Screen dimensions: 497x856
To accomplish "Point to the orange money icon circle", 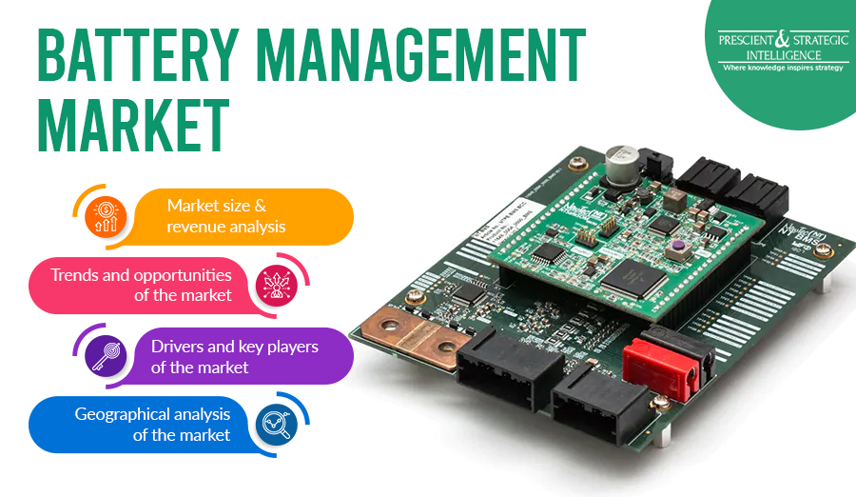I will (x=105, y=216).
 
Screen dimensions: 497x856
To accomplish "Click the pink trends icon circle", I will (x=277, y=284).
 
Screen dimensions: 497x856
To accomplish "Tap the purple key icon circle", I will (x=104, y=354).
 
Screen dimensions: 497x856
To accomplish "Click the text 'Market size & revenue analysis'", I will (x=225, y=216).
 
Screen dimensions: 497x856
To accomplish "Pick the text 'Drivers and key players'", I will (x=235, y=347).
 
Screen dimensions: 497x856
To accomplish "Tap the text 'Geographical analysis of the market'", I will (x=153, y=424).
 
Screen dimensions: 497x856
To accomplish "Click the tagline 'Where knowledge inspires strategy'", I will (x=781, y=68).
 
